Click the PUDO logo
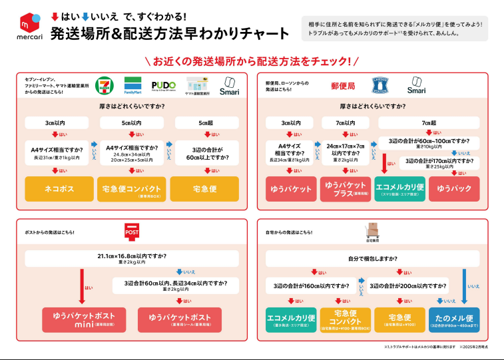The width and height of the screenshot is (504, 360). point(164,86)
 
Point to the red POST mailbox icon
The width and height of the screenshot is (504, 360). point(133,231)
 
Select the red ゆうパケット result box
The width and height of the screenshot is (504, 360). point(290,189)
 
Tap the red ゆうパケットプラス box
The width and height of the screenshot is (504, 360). point(345,189)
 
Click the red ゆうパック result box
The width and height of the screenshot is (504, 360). point(454,189)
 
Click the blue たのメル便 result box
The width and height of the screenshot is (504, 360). point(455,319)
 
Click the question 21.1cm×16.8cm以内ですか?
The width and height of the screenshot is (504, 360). point(132,258)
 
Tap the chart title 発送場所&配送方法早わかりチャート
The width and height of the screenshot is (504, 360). point(170,33)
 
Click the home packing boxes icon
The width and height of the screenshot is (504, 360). point(373,230)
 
